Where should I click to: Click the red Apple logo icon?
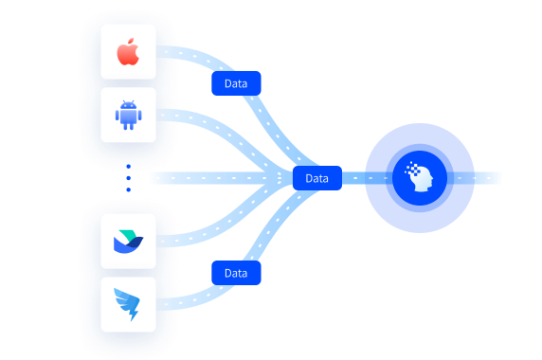pyautogui.click(x=128, y=52)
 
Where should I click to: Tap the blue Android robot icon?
pyautogui.click(x=128, y=115)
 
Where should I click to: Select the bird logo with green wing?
pyautogui.click(x=128, y=242)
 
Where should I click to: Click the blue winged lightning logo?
pyautogui.click(x=127, y=304)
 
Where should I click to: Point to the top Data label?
pyautogui.click(x=236, y=83)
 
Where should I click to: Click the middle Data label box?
pyautogui.click(x=317, y=178)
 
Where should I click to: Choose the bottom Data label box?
pyautogui.click(x=236, y=273)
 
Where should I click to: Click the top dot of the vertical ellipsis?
pyautogui.click(x=129, y=167)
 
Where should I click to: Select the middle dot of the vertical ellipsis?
pyautogui.click(x=129, y=178)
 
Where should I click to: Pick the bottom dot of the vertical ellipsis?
pyautogui.click(x=129, y=189)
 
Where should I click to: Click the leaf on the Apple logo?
pyautogui.click(x=131, y=42)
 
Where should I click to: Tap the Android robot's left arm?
pyautogui.click(x=117, y=116)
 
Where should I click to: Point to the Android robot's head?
pyautogui.click(x=129, y=104)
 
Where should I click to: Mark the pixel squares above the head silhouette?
pyautogui.click(x=412, y=169)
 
